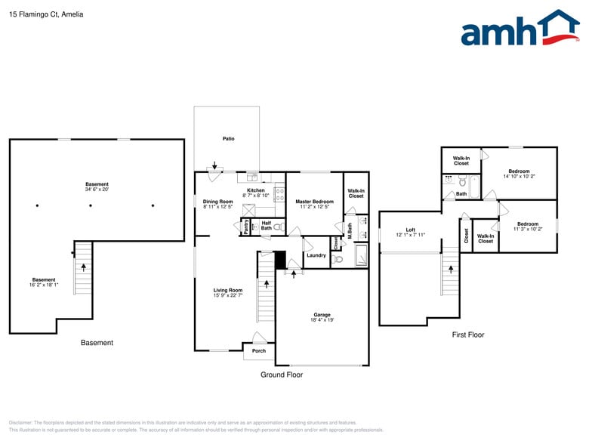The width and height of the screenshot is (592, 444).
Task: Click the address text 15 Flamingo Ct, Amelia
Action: [46, 14]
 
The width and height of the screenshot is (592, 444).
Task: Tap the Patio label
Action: [228, 139]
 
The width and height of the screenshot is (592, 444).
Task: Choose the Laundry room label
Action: [316, 255]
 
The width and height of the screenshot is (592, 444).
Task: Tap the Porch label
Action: [259, 350]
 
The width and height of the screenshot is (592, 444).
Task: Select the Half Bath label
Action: [266, 225]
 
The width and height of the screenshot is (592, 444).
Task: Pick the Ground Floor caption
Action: [282, 375]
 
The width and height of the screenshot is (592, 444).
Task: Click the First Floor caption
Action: [467, 335]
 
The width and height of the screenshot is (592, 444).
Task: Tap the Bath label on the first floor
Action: [461, 194]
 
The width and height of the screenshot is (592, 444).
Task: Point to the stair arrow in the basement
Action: [83, 267]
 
